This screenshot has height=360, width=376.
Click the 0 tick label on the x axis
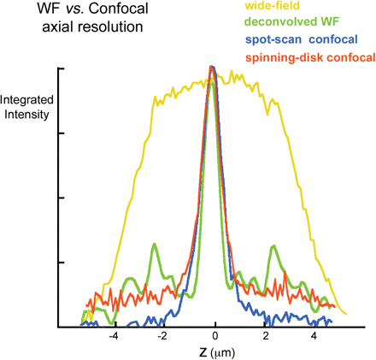tap(215, 338)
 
